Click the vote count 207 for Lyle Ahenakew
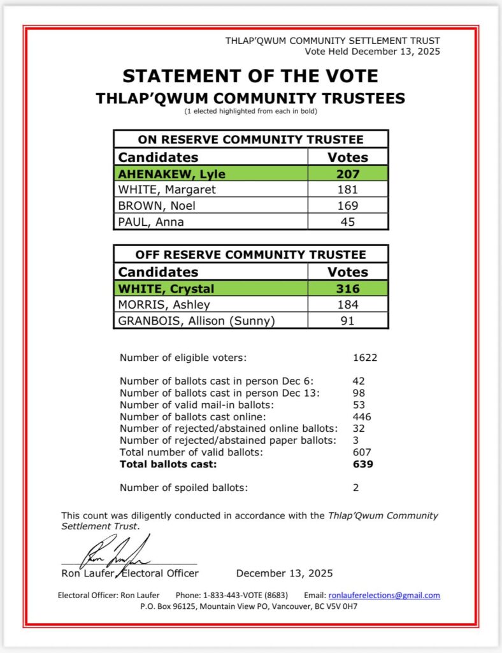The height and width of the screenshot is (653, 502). pos(348,173)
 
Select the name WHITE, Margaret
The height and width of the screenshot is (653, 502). pos(167,189)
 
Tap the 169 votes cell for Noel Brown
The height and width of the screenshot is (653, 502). pos(348,205)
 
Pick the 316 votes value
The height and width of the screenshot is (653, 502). pos(348,288)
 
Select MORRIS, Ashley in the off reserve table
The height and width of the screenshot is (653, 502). pos(164,305)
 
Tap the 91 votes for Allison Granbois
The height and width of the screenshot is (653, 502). pos(348,321)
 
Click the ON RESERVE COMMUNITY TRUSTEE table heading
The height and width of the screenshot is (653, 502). pos(250,140)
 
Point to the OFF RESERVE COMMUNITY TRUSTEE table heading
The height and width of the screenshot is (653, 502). pos(250,254)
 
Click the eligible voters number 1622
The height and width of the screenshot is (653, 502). pos(365,358)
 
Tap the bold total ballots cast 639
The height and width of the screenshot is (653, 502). pos(362,464)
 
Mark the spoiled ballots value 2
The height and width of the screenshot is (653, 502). pos(356,488)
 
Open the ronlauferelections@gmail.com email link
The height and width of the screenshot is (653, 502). pos(384,596)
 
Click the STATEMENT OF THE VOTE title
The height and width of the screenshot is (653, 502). pos(250,76)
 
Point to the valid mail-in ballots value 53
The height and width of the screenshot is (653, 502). pos(359,405)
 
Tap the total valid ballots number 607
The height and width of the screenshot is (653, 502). pos(362,452)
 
